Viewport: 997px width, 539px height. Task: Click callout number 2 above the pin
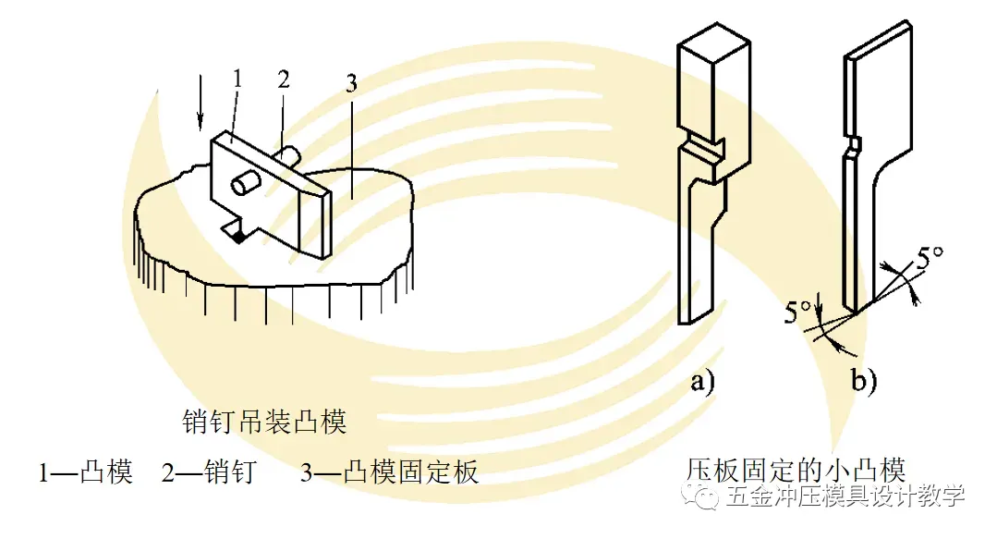pos(284,79)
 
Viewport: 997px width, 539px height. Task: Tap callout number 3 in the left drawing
pos(350,85)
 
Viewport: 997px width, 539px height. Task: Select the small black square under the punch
pos(239,239)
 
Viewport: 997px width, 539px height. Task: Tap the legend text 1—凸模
pos(86,473)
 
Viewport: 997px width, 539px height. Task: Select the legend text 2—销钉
pos(209,473)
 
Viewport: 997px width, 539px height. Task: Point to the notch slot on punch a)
pos(705,146)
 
